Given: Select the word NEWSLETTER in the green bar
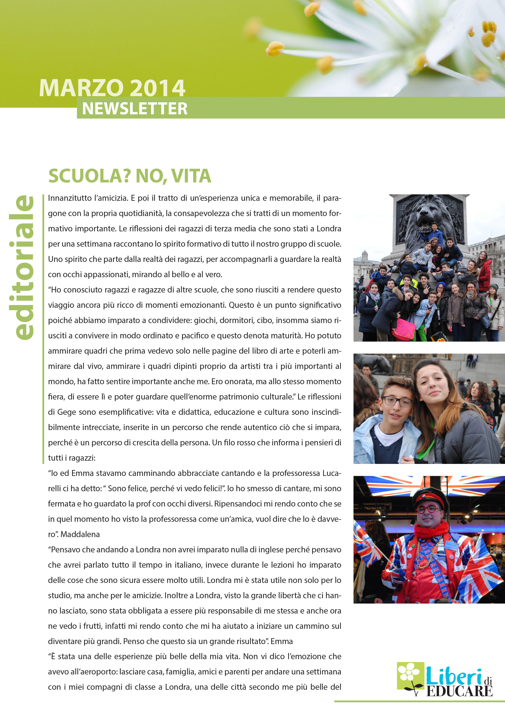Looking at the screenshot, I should pyautogui.click(x=135, y=109).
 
